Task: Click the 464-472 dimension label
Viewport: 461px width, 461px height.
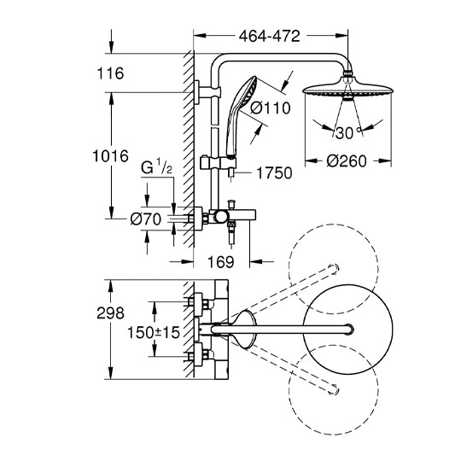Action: coord(269,36)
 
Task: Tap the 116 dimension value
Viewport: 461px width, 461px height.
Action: coord(110,73)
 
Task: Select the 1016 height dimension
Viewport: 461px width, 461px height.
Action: coord(110,156)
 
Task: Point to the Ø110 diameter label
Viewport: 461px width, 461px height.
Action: coord(271,108)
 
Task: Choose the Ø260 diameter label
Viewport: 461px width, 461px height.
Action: coord(347,161)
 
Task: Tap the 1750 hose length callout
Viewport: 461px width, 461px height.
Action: coord(275,173)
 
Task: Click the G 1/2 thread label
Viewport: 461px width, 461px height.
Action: coord(156,167)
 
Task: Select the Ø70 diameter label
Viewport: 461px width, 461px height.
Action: coord(146,219)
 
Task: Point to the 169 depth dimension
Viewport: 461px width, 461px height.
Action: coord(221,262)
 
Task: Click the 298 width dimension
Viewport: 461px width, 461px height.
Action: coord(110,313)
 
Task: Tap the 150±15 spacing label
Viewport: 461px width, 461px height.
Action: coord(154,333)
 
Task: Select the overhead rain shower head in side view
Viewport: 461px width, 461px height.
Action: coord(348,89)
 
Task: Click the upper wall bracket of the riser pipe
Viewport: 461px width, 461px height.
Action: coord(207,92)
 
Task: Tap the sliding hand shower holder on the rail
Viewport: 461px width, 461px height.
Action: coord(218,162)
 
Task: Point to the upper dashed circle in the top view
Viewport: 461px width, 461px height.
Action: coord(334,269)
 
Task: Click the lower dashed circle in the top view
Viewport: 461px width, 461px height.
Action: coord(334,390)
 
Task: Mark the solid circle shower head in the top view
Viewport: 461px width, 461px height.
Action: coord(348,330)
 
